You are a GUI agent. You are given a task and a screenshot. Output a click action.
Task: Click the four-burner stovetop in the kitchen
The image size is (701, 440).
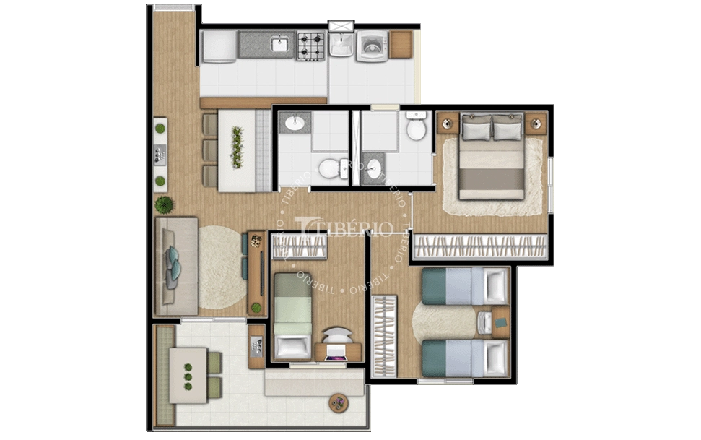point(312,46)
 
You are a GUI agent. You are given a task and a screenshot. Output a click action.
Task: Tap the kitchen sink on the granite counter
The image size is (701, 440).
point(280,46)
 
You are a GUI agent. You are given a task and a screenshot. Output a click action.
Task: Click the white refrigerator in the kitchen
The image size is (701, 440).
point(217,46)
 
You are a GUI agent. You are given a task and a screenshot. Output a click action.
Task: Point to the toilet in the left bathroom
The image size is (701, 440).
point(330,168)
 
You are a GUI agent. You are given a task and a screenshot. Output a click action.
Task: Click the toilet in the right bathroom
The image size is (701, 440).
point(416,128)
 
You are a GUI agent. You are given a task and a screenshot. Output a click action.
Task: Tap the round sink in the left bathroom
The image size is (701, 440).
point(295,123)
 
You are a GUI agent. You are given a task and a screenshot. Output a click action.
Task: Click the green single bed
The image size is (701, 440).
point(292,314)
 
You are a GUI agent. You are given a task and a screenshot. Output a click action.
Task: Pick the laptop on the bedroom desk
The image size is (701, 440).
point(337,353)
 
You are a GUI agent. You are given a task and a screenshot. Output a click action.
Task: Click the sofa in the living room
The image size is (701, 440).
point(175,265)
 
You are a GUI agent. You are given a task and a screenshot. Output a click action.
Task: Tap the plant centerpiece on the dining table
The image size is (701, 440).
point(237,147)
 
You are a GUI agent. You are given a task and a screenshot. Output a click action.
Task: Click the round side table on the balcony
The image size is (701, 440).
point(339,402)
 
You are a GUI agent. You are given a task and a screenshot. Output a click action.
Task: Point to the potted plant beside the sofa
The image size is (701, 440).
point(164,204)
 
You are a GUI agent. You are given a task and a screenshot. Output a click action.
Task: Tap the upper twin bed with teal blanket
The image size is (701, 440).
point(464,285)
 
